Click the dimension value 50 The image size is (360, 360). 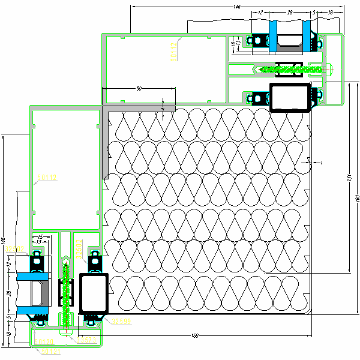pos(139,88)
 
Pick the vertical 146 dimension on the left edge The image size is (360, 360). pos(3,241)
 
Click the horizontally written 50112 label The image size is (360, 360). pos(47,178)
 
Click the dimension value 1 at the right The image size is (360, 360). pos(321,163)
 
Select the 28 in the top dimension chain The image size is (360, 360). pos(289,12)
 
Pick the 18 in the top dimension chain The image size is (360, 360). pos(331,12)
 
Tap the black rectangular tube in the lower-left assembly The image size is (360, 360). pos(93,294)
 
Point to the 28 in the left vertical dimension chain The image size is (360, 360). pos(8,293)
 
